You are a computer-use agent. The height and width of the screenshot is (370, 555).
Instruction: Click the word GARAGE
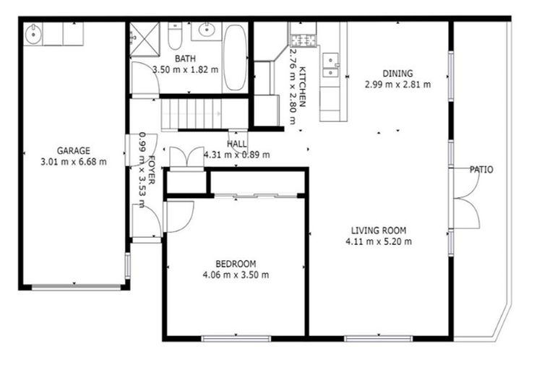74,151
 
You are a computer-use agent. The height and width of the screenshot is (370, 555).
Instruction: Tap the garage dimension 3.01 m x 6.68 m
74,162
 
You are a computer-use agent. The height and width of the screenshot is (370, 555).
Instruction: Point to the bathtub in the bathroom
234,56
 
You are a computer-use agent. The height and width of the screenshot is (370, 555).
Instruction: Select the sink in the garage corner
34,33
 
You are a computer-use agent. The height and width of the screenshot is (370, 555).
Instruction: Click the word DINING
397,73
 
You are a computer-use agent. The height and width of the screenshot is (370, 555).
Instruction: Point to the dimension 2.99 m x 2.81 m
397,84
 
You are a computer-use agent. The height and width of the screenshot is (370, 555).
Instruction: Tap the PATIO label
481,170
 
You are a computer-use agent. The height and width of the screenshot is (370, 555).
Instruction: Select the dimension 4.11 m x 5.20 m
379,241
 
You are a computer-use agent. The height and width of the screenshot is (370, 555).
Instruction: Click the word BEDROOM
236,264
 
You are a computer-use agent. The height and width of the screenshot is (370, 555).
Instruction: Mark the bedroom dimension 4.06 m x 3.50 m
236,275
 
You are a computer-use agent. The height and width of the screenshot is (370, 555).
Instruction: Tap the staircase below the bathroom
189,113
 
